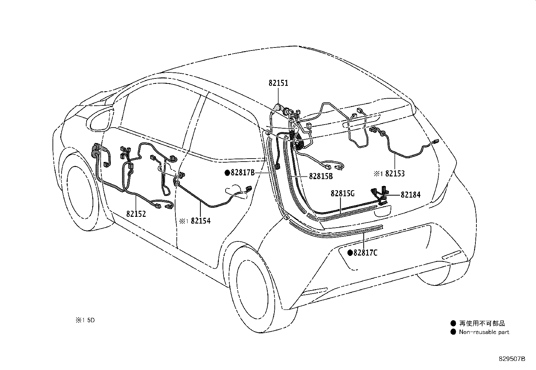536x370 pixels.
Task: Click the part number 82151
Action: (x=278, y=83)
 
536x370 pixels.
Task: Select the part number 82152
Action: (x=136, y=213)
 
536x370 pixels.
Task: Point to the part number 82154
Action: (x=201, y=221)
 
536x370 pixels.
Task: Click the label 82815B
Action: (x=321, y=176)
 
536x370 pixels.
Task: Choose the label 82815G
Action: (x=343, y=193)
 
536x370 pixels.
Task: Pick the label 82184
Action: (x=410, y=195)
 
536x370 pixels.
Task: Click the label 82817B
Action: (x=242, y=173)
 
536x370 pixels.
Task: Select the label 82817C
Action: (x=365, y=252)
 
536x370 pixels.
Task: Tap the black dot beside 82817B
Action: (x=227, y=173)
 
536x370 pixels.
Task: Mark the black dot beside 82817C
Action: (x=350, y=253)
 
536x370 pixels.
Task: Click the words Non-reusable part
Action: (x=484, y=332)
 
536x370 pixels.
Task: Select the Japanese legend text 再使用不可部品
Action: (x=482, y=323)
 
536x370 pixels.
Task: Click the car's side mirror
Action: (x=100, y=120)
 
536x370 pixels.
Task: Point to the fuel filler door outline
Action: (x=236, y=194)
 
